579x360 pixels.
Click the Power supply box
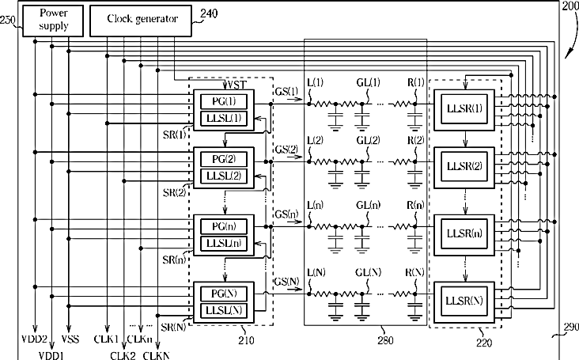(53, 21)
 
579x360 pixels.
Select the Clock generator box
(141, 21)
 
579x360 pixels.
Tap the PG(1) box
(224, 101)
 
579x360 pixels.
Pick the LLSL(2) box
(224, 176)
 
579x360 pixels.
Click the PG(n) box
(224, 226)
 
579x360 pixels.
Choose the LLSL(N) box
(224, 310)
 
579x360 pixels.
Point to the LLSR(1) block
(464, 110)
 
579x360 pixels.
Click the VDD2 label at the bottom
(34, 339)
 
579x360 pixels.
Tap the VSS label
(70, 339)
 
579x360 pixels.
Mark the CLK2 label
(123, 355)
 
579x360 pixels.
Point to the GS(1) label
(286, 91)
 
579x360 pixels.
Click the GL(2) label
(368, 141)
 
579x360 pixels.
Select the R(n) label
(415, 205)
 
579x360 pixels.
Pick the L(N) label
(316, 273)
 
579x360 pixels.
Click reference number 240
(209, 13)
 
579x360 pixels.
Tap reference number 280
(385, 340)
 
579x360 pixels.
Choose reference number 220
(484, 343)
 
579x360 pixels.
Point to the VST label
(235, 85)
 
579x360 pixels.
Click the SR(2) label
(175, 192)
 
